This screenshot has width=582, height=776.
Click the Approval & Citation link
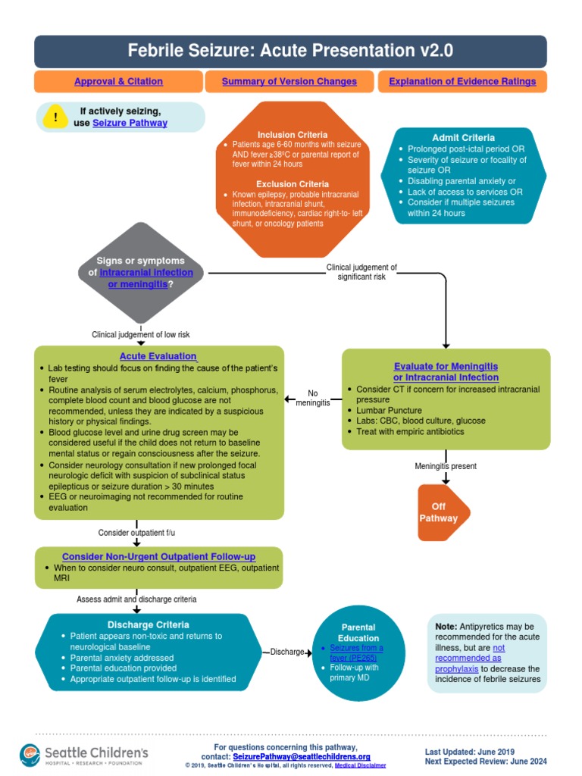tap(118, 81)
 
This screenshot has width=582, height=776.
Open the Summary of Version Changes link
tap(289, 81)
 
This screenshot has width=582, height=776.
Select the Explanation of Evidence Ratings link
tap(462, 81)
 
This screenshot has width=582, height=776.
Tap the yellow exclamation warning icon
tap(55, 117)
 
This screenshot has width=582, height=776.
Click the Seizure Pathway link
tap(130, 123)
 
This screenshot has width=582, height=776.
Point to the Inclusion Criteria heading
tap(292, 134)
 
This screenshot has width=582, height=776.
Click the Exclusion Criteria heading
tap(292, 184)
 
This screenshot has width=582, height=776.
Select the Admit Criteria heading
tap(463, 138)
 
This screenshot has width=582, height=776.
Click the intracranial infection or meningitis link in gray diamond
tap(145, 278)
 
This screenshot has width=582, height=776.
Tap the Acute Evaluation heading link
tap(158, 356)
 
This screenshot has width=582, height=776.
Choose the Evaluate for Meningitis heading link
tap(446, 371)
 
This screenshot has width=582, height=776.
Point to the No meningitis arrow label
tap(313, 398)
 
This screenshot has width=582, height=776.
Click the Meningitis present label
tap(446, 466)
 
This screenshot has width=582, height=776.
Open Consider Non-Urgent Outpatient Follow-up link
tap(159, 556)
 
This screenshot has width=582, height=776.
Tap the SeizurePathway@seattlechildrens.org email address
tap(301, 756)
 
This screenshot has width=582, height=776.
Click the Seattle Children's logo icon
tap(30, 754)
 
